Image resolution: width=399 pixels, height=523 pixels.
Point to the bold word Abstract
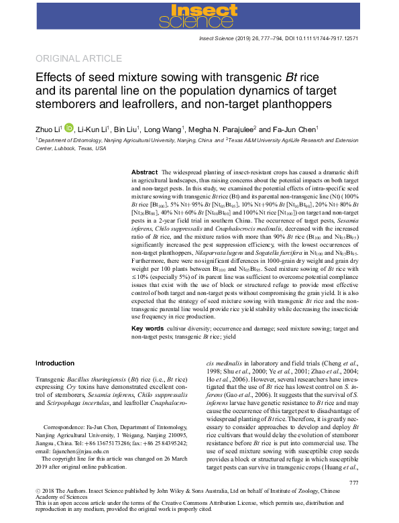144,172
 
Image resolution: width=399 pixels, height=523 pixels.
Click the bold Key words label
147,329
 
